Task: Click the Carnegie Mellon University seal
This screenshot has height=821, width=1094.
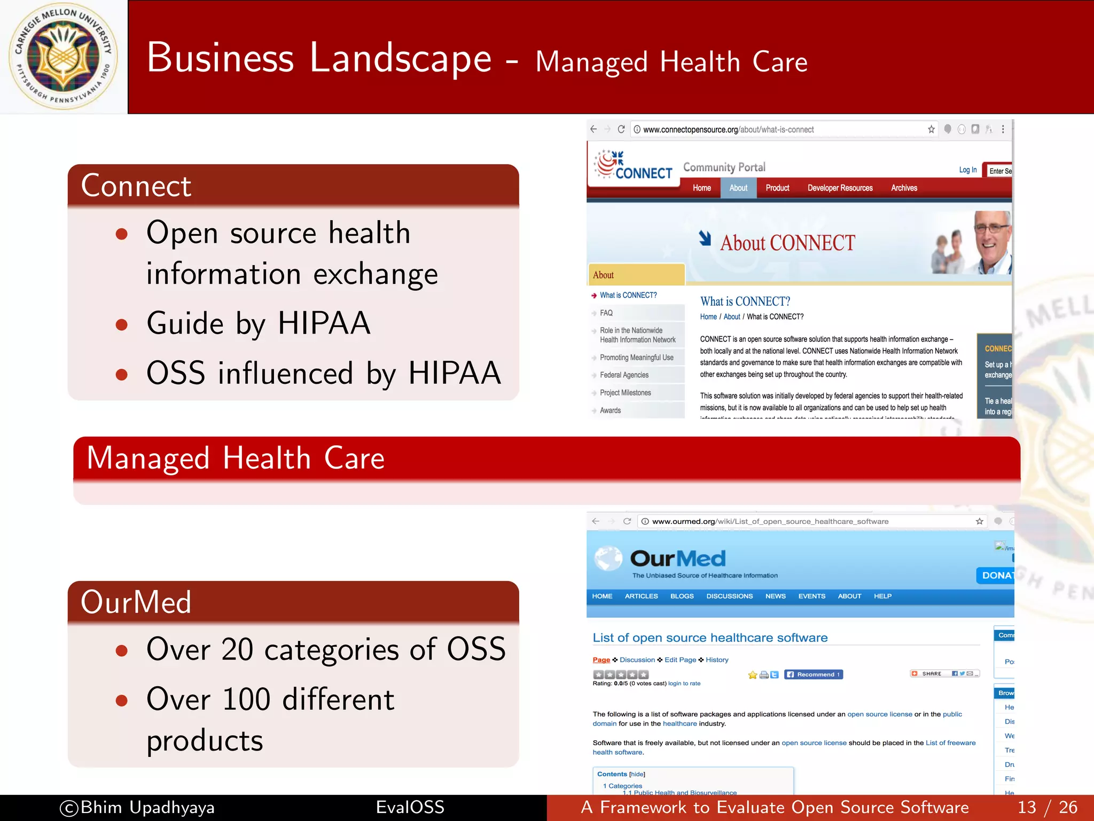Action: click(x=64, y=57)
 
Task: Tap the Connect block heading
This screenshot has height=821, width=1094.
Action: click(x=136, y=186)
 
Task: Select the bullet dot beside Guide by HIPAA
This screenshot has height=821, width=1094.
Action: click(x=122, y=324)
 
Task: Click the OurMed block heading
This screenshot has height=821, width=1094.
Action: click(x=136, y=602)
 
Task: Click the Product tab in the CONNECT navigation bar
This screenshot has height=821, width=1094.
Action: click(x=777, y=188)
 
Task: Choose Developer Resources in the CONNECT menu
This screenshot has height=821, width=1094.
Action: click(x=840, y=188)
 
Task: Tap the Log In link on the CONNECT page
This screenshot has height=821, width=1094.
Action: click(x=967, y=170)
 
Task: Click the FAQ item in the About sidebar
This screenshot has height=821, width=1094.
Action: click(x=606, y=313)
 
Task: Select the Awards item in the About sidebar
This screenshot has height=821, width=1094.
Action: click(x=610, y=410)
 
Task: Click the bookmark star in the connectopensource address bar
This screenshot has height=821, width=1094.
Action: click(x=931, y=129)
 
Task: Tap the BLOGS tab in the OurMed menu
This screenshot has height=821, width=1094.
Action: click(x=682, y=596)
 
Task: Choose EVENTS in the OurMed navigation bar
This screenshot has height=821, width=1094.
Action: click(x=811, y=596)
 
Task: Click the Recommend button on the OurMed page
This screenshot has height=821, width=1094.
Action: click(x=813, y=675)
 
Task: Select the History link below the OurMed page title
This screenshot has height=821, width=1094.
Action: click(x=717, y=660)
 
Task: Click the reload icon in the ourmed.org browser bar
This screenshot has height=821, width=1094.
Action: click(x=627, y=521)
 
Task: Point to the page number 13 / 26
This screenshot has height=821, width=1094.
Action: click(x=1047, y=808)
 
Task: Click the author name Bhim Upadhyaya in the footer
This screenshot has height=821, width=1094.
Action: click(x=147, y=808)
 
